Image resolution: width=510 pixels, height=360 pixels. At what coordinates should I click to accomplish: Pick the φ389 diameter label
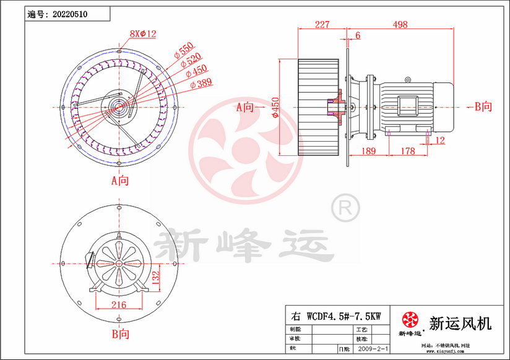click(201, 82)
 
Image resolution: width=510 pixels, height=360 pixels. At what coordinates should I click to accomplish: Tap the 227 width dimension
click(322, 25)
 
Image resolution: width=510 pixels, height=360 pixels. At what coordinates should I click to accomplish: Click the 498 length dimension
click(400, 25)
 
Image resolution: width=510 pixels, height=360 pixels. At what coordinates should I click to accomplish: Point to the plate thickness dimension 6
click(358, 36)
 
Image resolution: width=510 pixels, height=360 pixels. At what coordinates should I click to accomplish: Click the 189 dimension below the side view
click(368, 151)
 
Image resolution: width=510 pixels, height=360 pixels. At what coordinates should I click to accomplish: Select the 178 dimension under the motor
click(407, 151)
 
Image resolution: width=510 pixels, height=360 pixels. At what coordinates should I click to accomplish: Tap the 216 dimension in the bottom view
click(119, 305)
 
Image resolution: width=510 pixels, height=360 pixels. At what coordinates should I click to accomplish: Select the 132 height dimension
click(157, 275)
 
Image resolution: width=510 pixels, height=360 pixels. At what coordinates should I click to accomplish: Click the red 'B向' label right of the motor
click(483, 107)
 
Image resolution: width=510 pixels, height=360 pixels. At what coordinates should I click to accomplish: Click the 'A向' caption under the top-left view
click(120, 181)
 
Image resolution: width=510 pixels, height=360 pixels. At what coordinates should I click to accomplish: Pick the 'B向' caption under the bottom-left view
click(120, 334)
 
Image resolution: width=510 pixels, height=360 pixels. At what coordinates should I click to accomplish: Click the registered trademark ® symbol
click(345, 208)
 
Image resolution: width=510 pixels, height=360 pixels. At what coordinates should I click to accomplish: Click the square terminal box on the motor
click(407, 105)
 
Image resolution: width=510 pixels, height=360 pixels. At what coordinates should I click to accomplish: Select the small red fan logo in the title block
click(410, 320)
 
